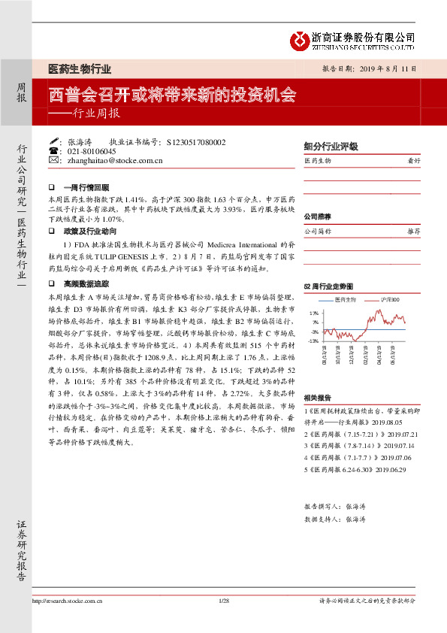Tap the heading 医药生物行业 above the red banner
[x=80, y=68]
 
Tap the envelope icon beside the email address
[x=54, y=160]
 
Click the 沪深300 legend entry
[x=389, y=300]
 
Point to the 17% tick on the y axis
[x=316, y=313]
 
